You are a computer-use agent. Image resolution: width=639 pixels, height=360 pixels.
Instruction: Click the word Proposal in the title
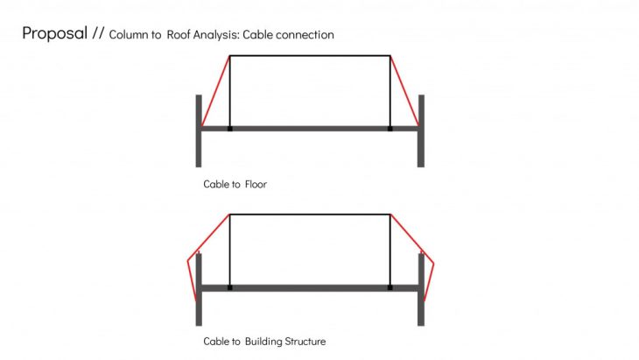click(x=54, y=33)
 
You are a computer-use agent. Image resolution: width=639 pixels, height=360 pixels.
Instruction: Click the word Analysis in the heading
click(x=215, y=35)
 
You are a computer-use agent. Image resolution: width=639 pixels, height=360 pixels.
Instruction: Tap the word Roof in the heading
click(x=179, y=35)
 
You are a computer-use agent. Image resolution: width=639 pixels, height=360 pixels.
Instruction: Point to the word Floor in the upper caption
click(x=256, y=184)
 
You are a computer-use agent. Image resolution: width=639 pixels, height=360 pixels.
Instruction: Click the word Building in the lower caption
click(x=263, y=342)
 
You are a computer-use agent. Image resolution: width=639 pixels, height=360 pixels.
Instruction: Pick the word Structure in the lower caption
click(x=305, y=342)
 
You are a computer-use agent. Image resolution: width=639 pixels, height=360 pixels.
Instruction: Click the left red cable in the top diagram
click(x=215, y=91)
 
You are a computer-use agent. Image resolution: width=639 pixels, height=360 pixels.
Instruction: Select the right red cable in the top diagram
click(x=404, y=91)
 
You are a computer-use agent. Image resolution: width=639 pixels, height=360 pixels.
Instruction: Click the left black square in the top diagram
click(x=230, y=129)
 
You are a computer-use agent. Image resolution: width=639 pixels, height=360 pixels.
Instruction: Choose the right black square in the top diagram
click(x=390, y=129)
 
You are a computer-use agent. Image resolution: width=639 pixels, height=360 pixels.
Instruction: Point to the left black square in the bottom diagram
click(x=230, y=288)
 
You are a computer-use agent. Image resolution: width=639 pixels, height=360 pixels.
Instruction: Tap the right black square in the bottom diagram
click(x=390, y=288)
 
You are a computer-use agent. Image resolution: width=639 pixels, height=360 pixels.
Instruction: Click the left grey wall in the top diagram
click(x=199, y=131)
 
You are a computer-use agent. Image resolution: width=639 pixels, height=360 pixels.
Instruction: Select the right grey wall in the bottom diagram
click(x=421, y=289)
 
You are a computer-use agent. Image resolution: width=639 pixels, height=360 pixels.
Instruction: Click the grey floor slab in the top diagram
click(x=310, y=129)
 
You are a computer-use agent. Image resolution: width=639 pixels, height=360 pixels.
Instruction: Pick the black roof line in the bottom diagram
click(x=310, y=215)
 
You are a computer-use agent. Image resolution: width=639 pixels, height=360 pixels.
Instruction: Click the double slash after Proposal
click(x=98, y=33)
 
